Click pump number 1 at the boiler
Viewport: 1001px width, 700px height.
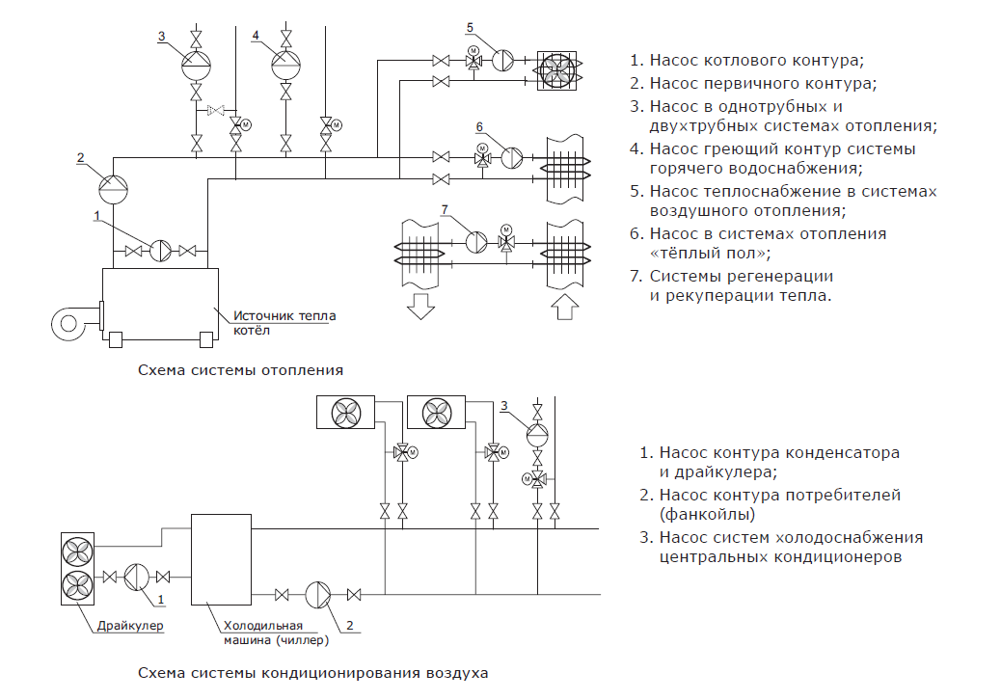tap(161, 251)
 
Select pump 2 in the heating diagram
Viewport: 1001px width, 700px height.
tap(114, 182)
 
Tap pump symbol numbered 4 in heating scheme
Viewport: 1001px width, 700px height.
tap(285, 64)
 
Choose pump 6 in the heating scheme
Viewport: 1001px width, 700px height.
tap(511, 157)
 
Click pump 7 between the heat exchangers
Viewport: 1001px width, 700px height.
tap(476, 241)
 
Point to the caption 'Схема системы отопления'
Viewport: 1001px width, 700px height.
tap(240, 369)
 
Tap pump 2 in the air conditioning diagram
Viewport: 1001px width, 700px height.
tap(318, 594)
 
